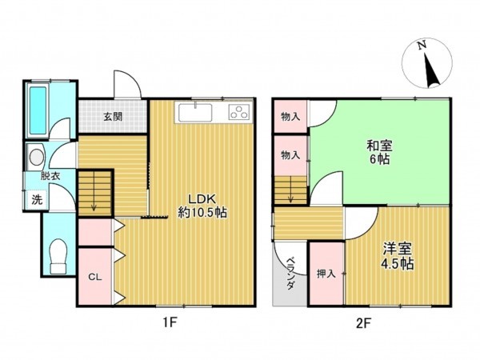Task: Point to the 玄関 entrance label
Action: coord(112,115)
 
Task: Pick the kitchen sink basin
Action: coord(197,112)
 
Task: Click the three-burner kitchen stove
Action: coord(238,112)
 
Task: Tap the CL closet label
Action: coord(94,277)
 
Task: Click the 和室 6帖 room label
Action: coord(380,152)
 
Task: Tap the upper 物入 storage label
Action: coord(290,117)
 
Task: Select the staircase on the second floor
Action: coord(290,192)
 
